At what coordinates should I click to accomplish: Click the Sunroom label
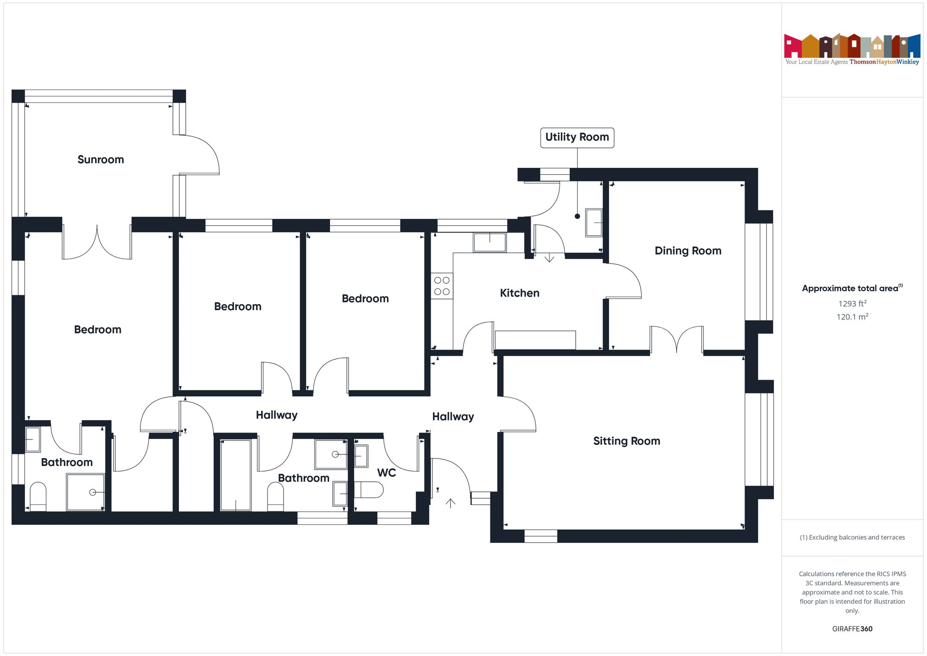pyautogui.click(x=101, y=159)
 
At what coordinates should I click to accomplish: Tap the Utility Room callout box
pyautogui.click(x=577, y=138)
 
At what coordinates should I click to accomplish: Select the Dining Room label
pyautogui.click(x=688, y=251)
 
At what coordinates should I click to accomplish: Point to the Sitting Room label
pyautogui.click(x=627, y=441)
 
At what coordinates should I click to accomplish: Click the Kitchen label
pyautogui.click(x=520, y=293)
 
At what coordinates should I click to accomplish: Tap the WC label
pyautogui.click(x=387, y=473)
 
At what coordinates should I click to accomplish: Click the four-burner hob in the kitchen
pyautogui.click(x=442, y=286)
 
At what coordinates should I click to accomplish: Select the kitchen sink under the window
pyautogui.click(x=489, y=242)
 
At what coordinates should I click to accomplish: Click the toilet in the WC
pyautogui.click(x=369, y=490)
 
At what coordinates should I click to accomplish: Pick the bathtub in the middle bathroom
pyautogui.click(x=236, y=475)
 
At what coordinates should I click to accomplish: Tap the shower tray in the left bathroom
pyautogui.click(x=86, y=492)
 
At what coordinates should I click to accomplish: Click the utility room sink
pyautogui.click(x=594, y=223)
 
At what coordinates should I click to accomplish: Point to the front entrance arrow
pyautogui.click(x=450, y=503)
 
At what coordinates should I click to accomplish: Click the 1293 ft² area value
pyautogui.click(x=852, y=304)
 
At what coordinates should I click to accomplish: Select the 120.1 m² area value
pyautogui.click(x=852, y=317)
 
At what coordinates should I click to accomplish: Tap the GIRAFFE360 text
pyautogui.click(x=852, y=629)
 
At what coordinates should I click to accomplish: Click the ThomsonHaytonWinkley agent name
pyautogui.click(x=884, y=62)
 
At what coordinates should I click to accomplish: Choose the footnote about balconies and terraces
pyautogui.click(x=852, y=537)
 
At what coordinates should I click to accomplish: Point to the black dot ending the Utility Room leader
pyautogui.click(x=577, y=217)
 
